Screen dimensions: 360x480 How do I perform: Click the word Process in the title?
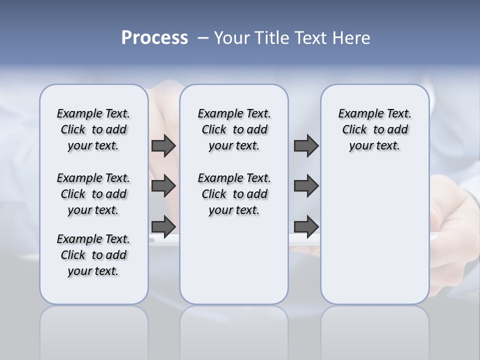click(154, 38)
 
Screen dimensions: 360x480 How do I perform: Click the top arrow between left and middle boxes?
click(163, 145)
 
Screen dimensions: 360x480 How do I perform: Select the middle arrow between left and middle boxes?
click(163, 186)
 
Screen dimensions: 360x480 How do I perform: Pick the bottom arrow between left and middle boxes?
click(163, 226)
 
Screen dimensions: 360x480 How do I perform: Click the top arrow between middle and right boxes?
click(306, 145)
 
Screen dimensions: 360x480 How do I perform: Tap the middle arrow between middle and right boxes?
click(306, 186)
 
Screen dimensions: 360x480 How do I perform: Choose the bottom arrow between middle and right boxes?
click(306, 226)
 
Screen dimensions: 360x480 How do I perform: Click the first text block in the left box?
click(93, 129)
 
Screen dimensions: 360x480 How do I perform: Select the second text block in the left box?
click(93, 194)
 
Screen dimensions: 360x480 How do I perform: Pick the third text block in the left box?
click(93, 255)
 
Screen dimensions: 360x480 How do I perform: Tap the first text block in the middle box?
click(234, 129)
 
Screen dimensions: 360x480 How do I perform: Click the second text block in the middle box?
click(234, 194)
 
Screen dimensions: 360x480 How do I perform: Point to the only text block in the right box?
click(374, 129)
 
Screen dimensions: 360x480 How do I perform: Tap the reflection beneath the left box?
click(93, 330)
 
